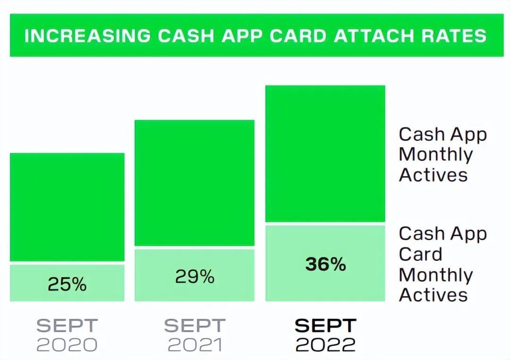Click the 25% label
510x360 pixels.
click(67, 284)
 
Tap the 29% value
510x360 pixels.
click(195, 277)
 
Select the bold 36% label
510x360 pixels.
click(325, 264)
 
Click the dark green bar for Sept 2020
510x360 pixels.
click(67, 207)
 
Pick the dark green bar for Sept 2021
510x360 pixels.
click(195, 183)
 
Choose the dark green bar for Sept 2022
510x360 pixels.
click(325, 154)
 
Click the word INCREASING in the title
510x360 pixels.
click(88, 35)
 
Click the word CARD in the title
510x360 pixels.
click(298, 35)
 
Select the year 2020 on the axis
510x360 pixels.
click(67, 345)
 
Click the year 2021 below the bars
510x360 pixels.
click(195, 345)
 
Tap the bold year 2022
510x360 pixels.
click(325, 345)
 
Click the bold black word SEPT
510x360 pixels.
click(325, 326)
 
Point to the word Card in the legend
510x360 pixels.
click(421, 254)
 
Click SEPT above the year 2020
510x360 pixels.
click(67, 326)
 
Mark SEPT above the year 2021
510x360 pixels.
click(195, 326)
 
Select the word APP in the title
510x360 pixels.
click(242, 35)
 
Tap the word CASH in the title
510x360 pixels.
click(186, 35)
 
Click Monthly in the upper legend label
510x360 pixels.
click(436, 154)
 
